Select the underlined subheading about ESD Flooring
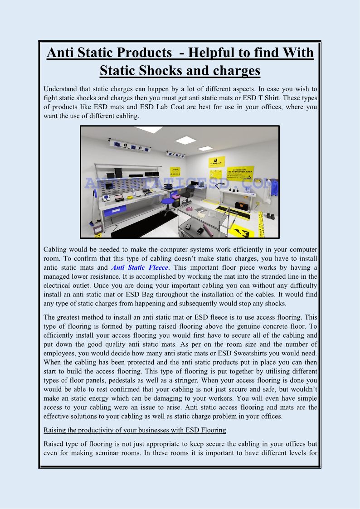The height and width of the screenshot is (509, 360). (x=135, y=430)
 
